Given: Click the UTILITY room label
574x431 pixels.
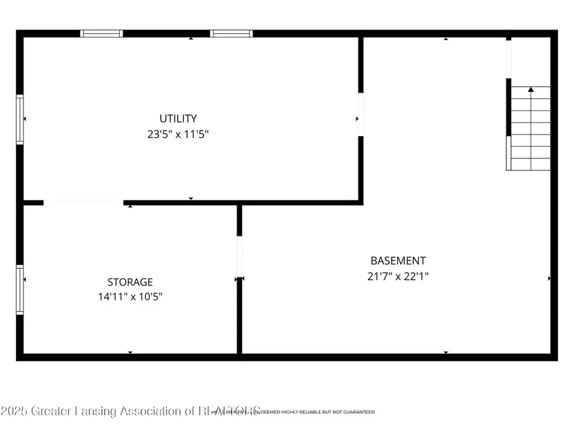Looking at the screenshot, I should pos(178,118).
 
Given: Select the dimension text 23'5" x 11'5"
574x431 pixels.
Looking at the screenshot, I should pos(178,134).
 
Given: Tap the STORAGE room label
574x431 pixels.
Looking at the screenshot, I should pos(130,282).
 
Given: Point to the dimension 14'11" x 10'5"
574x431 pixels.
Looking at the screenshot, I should pos(130,296).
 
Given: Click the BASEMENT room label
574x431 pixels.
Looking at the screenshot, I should pos(398,261).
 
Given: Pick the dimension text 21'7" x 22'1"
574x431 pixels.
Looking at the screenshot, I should pos(398,276).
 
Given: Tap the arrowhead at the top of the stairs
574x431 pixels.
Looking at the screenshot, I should pos(531,90).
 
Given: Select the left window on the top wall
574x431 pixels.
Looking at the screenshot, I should pos(101,33).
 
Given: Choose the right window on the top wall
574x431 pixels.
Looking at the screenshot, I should pos(232,33).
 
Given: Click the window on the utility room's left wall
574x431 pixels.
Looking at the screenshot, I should pos(20,119).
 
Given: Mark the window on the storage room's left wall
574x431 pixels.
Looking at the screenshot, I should pos(20,290).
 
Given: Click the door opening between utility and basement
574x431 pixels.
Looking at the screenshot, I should pos(360,115).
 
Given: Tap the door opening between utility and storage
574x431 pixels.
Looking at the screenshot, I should pos(83,202).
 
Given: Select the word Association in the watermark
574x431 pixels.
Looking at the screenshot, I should pos(151,411).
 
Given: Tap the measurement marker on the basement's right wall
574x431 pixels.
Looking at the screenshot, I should pos(549,278).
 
